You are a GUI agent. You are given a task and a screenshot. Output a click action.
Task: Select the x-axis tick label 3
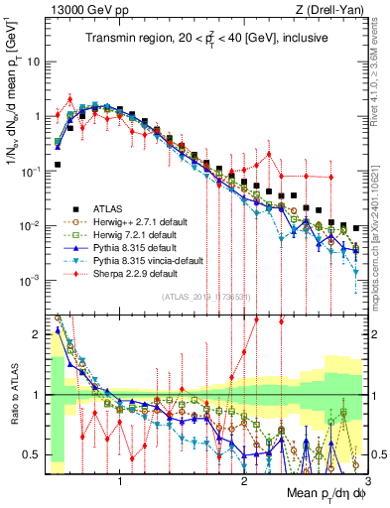(x=366, y=482)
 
